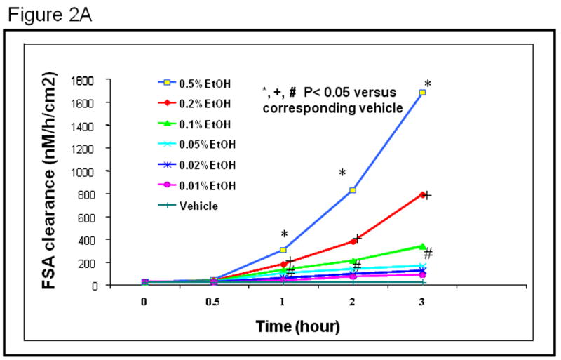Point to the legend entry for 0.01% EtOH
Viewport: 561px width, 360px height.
(198, 186)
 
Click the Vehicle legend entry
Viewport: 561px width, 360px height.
(189, 206)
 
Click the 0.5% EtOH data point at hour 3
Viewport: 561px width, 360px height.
(423, 92)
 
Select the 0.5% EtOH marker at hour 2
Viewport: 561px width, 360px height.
(353, 190)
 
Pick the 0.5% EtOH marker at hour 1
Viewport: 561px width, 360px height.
(283, 250)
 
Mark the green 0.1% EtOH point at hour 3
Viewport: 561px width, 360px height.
(423, 246)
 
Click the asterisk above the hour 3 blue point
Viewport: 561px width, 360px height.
(427, 83)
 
